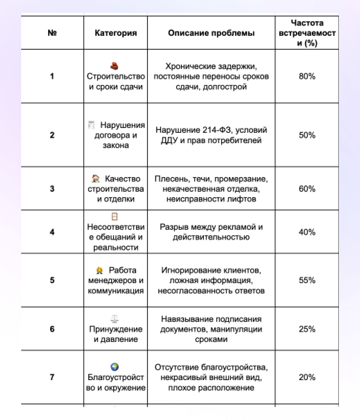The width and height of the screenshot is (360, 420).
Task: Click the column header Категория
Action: (x=116, y=33)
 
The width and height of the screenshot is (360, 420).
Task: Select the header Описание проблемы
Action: (x=211, y=33)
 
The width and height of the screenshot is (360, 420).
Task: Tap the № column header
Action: (x=52, y=33)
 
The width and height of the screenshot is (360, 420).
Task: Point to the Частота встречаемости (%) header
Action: (x=307, y=33)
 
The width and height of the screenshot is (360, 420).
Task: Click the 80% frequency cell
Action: (x=307, y=76)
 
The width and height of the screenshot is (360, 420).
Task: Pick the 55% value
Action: (x=307, y=280)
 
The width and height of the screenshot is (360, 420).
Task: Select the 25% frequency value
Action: (x=307, y=329)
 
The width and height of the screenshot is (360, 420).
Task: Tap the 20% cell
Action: (x=307, y=377)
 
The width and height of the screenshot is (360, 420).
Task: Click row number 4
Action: (x=52, y=232)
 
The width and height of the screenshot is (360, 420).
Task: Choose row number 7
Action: (x=52, y=377)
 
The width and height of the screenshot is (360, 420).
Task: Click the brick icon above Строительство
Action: (x=115, y=65)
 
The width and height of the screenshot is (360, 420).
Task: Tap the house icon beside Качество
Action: (x=96, y=178)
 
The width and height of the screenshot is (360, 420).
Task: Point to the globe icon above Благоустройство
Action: (x=115, y=367)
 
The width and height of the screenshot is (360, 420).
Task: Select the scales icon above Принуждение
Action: (x=115, y=319)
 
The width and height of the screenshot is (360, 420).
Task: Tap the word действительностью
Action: (x=211, y=237)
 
